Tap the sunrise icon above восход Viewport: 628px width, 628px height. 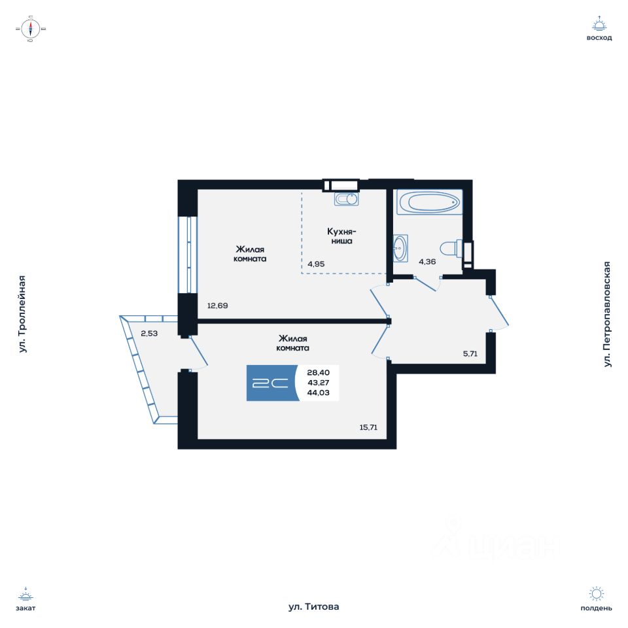[599, 24]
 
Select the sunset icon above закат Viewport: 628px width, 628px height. [26, 594]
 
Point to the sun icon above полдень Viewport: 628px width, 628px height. [596, 593]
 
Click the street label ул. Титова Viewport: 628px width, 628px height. [314, 607]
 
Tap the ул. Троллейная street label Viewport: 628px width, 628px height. [23, 314]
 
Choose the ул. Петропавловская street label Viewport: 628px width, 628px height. [608, 314]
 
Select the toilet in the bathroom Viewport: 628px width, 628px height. [451, 249]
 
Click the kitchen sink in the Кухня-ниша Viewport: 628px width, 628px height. [346, 198]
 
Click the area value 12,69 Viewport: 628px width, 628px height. [218, 305]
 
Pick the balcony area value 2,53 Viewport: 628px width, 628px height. [150, 334]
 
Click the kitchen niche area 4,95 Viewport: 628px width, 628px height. [317, 264]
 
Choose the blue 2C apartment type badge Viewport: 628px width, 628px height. [270, 383]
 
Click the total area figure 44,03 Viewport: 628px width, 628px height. [317, 392]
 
